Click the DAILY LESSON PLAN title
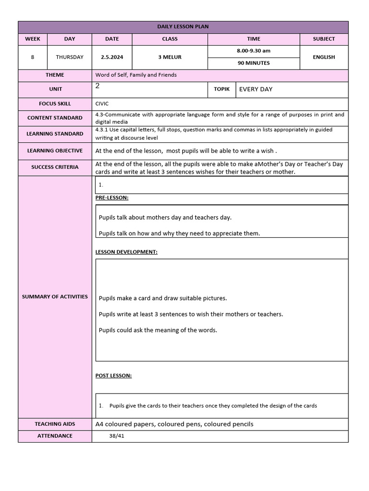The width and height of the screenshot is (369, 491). pos(183,27)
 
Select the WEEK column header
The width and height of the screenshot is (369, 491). pos(32,39)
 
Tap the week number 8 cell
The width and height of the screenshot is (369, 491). pos(32,57)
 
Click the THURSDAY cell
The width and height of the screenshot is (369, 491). pos(70,57)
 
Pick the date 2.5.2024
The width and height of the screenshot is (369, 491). pos(112,57)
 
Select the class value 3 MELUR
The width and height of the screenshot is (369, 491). pos(170,57)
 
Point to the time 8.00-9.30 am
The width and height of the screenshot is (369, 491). pos(253,51)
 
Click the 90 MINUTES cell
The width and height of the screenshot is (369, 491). pos(253,63)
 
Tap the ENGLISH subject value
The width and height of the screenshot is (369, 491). pos(324,57)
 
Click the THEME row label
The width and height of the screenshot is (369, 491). pos(55,75)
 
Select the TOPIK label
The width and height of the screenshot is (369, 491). pos(221,89)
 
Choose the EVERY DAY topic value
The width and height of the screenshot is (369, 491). pos(256,89)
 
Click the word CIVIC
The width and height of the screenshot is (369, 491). pos(102,103)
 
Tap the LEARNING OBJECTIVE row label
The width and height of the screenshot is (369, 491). pos(55,151)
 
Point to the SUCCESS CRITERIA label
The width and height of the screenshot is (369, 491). pos(55,167)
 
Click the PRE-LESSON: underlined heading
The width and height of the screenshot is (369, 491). pos(112,198)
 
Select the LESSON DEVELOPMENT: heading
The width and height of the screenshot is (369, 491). pos(126,252)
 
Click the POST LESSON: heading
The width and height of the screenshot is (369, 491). pos(113,375)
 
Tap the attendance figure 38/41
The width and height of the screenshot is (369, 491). pos(117,436)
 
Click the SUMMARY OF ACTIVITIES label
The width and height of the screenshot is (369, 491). pos(55,296)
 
